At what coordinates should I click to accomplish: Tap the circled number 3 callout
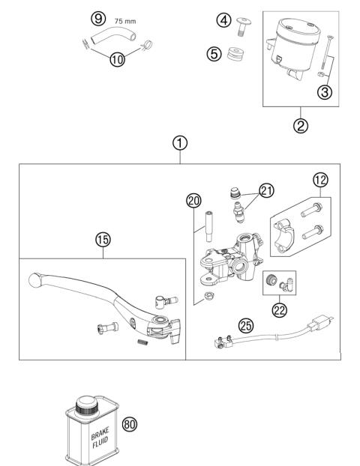click(324, 92)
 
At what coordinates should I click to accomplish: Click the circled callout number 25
click(244, 325)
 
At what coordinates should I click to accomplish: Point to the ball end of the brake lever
click(33, 279)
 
